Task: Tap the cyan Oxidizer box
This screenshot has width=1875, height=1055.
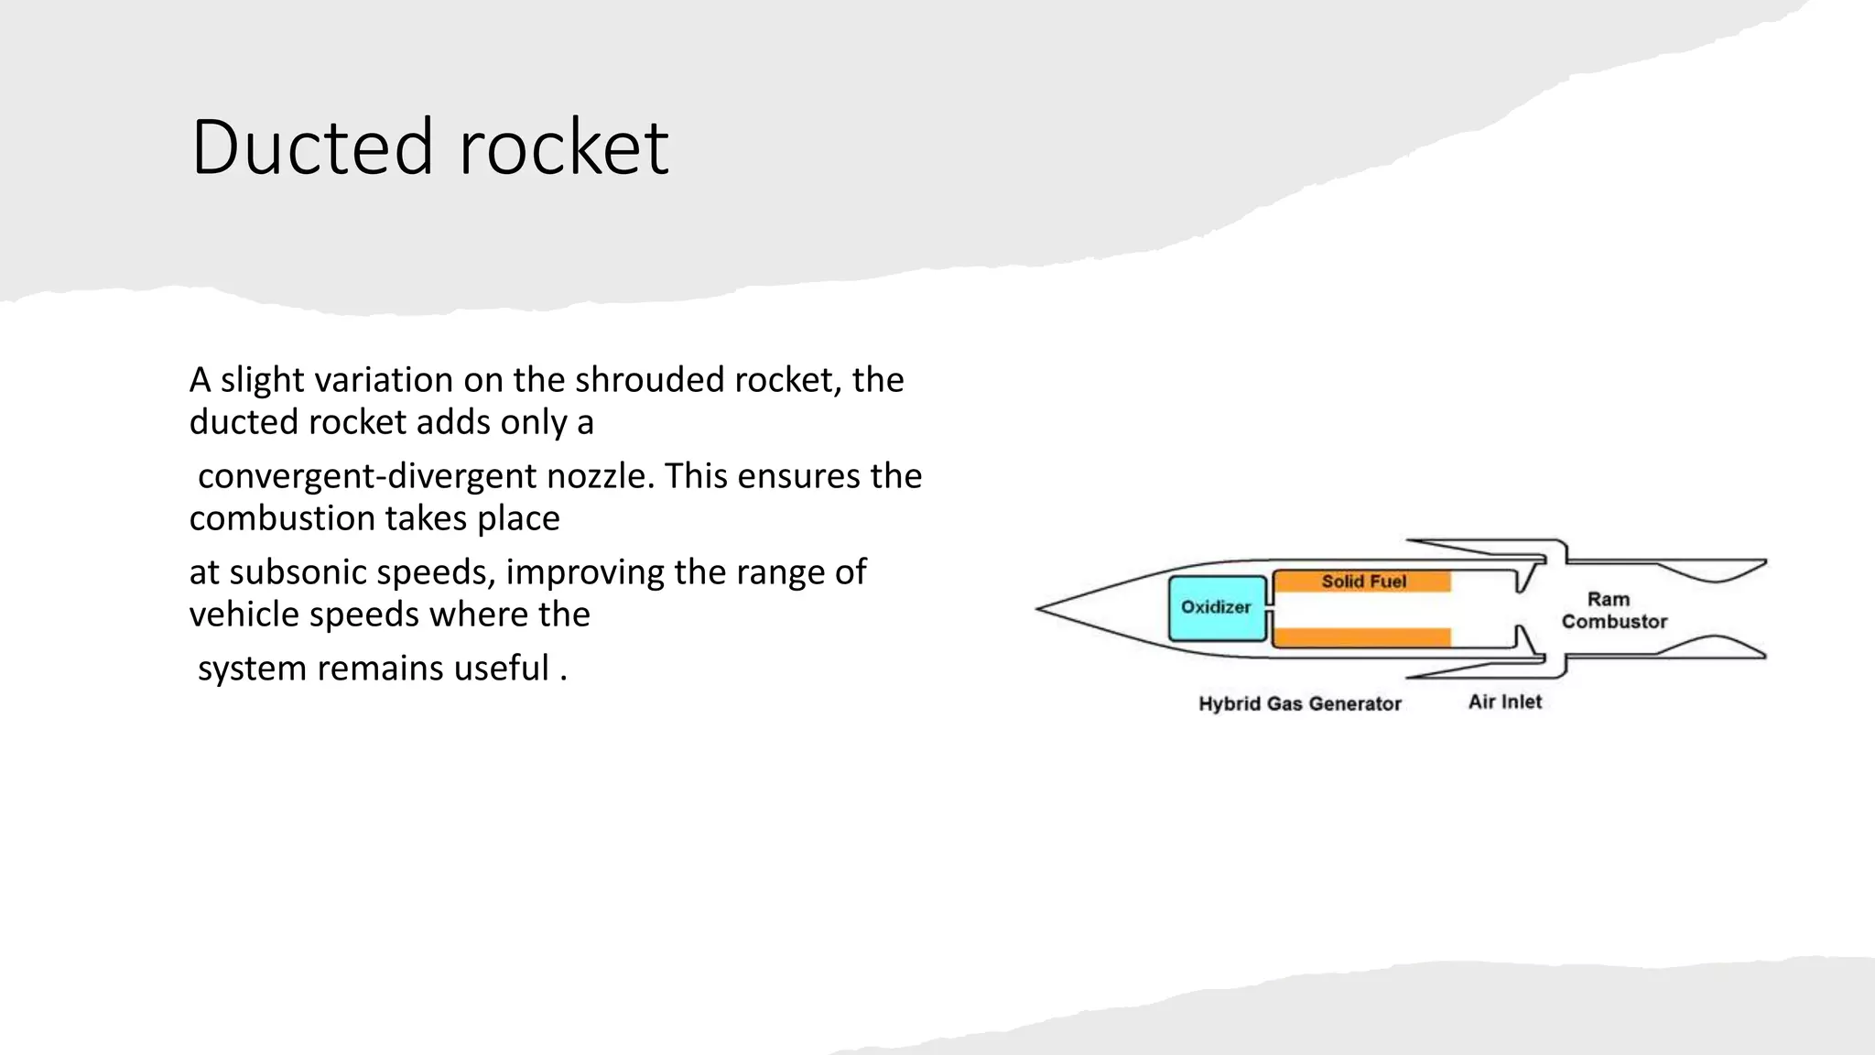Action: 1217,608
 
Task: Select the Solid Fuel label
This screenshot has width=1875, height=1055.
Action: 1363,582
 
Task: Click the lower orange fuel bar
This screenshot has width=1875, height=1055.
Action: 1361,637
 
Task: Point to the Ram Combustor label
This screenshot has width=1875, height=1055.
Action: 1613,610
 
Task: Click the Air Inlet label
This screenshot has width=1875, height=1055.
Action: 1505,702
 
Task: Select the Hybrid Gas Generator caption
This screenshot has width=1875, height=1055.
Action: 1299,704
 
